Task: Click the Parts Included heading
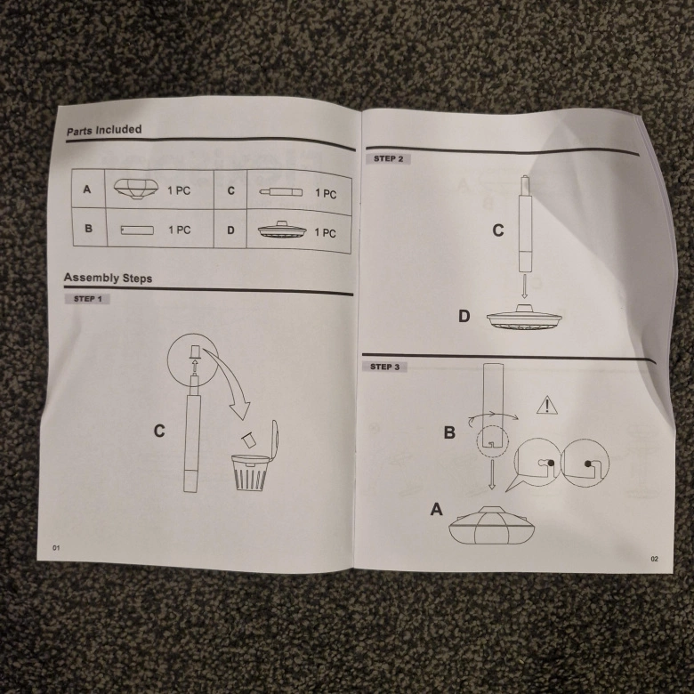[x=104, y=130]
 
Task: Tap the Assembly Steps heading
[x=108, y=278]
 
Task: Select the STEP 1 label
[x=87, y=299]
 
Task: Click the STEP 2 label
[x=388, y=158]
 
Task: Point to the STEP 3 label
[x=384, y=367]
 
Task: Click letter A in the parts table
[x=86, y=190]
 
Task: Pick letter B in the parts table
[x=88, y=229]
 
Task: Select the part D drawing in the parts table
[x=281, y=230]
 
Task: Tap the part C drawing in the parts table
[x=280, y=191]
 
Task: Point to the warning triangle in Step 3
[x=546, y=406]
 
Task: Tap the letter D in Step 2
[x=464, y=316]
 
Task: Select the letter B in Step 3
[x=450, y=433]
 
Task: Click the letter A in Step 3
[x=437, y=510]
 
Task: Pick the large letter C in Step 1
[x=159, y=432]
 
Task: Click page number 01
[x=55, y=547]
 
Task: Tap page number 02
[x=654, y=559]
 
